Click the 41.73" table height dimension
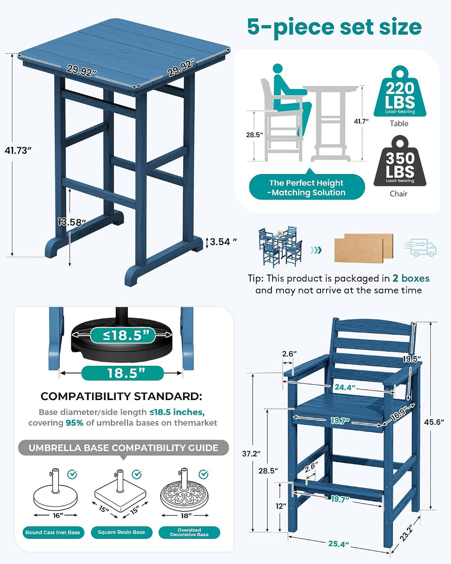click(x=18, y=150)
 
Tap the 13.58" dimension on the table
click(x=72, y=222)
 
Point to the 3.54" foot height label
click(x=223, y=241)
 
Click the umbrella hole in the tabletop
click(x=126, y=51)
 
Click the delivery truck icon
click(x=420, y=247)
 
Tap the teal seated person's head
click(x=278, y=69)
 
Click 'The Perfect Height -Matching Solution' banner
click(x=307, y=187)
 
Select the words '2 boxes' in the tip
click(x=411, y=278)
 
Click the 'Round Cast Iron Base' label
click(x=53, y=532)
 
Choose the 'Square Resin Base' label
click(x=121, y=532)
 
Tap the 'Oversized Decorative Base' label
click(x=189, y=532)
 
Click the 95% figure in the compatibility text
click(x=74, y=423)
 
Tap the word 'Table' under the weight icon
click(x=399, y=123)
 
